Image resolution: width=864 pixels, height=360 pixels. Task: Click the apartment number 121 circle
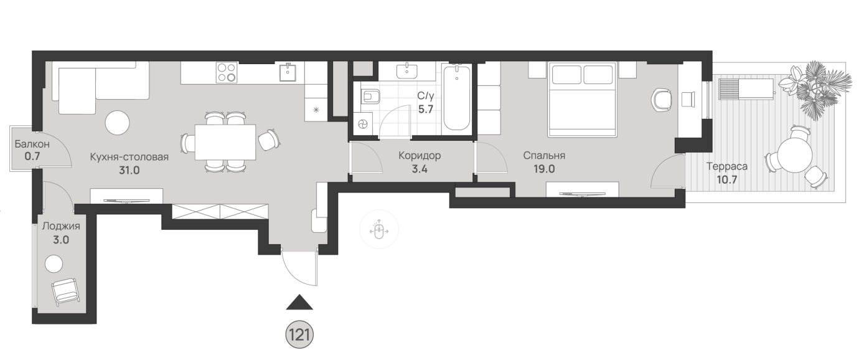pyautogui.click(x=299, y=335)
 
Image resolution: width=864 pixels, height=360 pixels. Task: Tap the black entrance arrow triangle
pyautogui.click(x=299, y=302)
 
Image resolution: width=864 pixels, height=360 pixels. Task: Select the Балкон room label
pyautogui.click(x=32, y=144)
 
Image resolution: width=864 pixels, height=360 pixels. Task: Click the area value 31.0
pyautogui.click(x=129, y=170)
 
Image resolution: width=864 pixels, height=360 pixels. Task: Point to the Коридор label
pyautogui.click(x=420, y=156)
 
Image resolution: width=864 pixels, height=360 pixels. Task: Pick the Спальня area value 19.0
pyautogui.click(x=544, y=169)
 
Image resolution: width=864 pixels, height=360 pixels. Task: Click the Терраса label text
pyautogui.click(x=727, y=167)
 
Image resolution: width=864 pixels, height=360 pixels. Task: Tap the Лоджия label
pyautogui.click(x=61, y=227)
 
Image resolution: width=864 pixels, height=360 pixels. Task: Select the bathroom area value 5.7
pyautogui.click(x=426, y=109)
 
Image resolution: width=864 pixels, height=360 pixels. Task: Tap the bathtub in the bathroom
pyautogui.click(x=457, y=98)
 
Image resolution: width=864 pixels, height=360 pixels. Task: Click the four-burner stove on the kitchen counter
pyautogui.click(x=227, y=73)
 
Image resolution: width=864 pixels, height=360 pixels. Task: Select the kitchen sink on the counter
pyautogui.click(x=288, y=72)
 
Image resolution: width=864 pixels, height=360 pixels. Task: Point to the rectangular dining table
pyautogui.click(x=225, y=142)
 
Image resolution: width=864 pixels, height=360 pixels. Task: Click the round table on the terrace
pyautogui.click(x=795, y=156)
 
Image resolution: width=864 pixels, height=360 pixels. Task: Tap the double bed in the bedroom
pyautogui.click(x=582, y=100)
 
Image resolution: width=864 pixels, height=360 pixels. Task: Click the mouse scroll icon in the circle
pyautogui.click(x=378, y=230)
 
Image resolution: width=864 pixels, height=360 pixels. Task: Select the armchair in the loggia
pyautogui.click(x=66, y=291)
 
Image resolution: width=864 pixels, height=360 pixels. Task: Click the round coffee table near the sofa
pyautogui.click(x=117, y=123)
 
